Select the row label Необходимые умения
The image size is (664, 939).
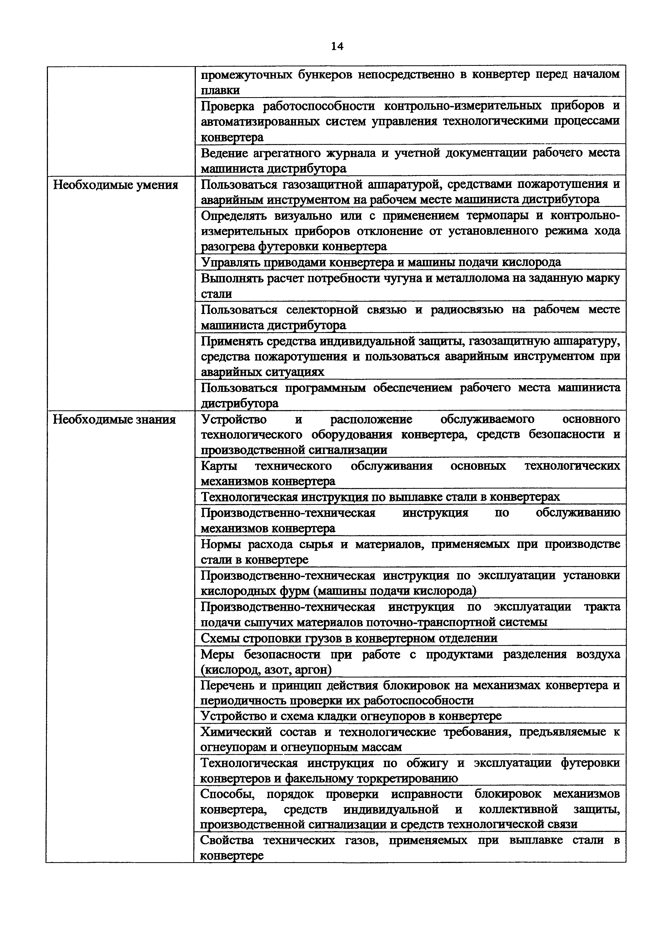(115, 185)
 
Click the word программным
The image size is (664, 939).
(325, 388)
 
